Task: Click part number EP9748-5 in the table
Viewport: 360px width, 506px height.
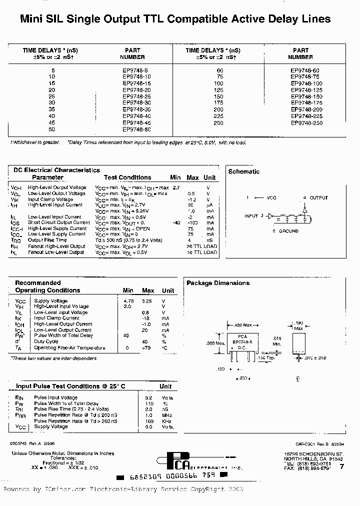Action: (133, 70)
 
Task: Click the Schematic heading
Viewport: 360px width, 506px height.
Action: (243, 171)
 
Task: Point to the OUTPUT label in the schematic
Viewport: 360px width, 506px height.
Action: (318, 198)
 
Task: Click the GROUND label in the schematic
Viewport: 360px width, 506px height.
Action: (288, 231)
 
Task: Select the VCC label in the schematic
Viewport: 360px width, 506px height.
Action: (271, 198)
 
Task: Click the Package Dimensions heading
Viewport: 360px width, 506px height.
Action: (217, 283)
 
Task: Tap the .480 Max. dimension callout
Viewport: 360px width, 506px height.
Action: (243, 324)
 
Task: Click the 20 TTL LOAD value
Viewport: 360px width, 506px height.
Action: (201, 246)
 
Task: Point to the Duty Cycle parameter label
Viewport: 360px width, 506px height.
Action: (46, 342)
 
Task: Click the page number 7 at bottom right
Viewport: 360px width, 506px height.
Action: (341, 466)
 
